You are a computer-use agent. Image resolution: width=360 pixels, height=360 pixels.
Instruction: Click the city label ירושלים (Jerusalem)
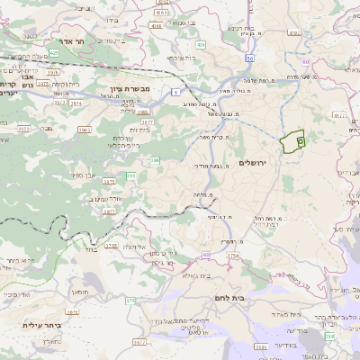tap(254, 162)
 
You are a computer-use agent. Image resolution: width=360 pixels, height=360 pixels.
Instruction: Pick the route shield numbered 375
tap(111, 244)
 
